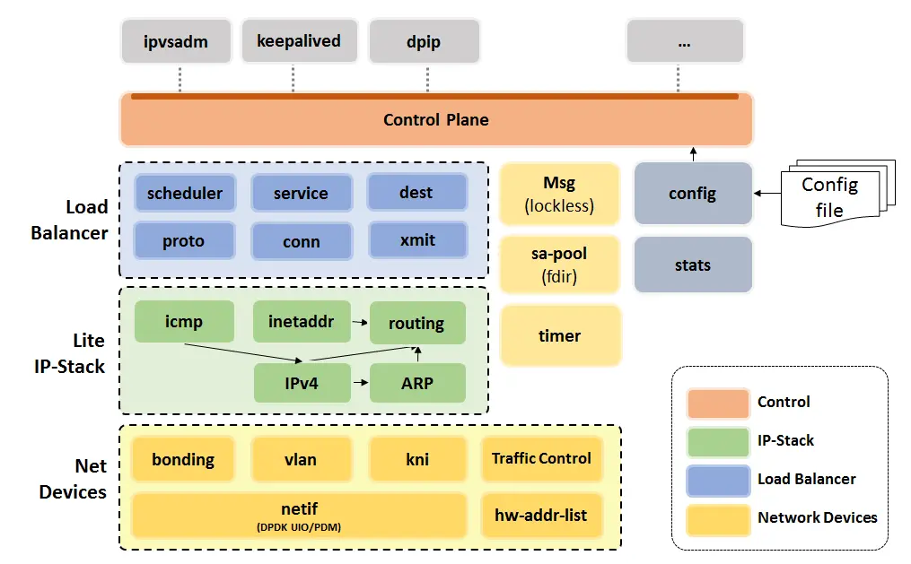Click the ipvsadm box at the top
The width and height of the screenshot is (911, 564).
point(176,41)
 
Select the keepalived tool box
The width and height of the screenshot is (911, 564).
point(299,41)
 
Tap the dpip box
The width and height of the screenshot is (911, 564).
point(424,41)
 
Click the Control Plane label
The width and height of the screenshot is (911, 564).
point(436,120)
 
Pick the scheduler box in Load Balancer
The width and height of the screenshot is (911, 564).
point(185,193)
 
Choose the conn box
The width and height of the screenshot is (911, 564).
point(301,241)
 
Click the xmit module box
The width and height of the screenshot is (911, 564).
point(416,240)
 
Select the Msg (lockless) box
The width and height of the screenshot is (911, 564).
point(559,194)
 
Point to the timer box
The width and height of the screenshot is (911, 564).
point(559,336)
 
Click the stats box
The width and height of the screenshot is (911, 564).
point(692,265)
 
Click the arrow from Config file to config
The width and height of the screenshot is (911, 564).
point(767,193)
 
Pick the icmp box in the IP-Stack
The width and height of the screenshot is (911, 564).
point(184,322)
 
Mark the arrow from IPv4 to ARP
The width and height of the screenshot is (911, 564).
point(360,383)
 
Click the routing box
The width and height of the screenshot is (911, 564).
point(416,323)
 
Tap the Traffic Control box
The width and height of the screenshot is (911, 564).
point(541,459)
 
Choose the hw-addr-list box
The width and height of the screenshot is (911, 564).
point(541,515)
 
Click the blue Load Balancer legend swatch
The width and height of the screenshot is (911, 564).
point(717,479)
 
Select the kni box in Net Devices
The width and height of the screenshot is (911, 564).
point(417,459)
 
